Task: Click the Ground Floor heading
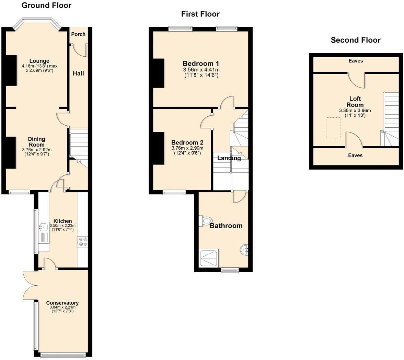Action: click(x=46, y=5)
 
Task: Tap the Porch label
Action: click(x=78, y=34)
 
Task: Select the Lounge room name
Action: click(x=39, y=61)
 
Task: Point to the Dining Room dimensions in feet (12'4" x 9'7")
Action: click(x=36, y=154)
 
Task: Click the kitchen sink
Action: click(x=43, y=227)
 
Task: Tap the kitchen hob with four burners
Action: click(x=82, y=242)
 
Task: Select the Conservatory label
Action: click(x=62, y=303)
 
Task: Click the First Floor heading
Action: click(x=200, y=14)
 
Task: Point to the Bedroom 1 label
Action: click(x=201, y=63)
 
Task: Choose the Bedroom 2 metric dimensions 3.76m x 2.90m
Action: click(x=187, y=148)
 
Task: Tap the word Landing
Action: click(x=229, y=158)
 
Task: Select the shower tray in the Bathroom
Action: click(x=209, y=258)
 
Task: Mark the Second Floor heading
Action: click(x=355, y=40)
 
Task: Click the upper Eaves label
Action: click(x=356, y=61)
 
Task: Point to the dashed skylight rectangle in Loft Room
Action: click(x=333, y=128)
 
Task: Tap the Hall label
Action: click(x=78, y=73)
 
